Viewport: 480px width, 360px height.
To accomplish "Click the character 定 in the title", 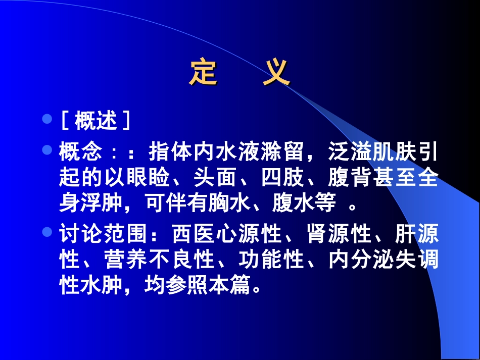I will (204, 74).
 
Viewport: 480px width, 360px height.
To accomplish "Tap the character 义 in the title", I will (276, 74).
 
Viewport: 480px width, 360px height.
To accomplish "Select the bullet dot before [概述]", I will (47, 120).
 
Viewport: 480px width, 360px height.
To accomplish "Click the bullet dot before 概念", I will (47, 150).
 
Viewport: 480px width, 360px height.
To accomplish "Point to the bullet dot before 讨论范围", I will (47, 233).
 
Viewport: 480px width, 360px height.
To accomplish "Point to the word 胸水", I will (238, 203).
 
